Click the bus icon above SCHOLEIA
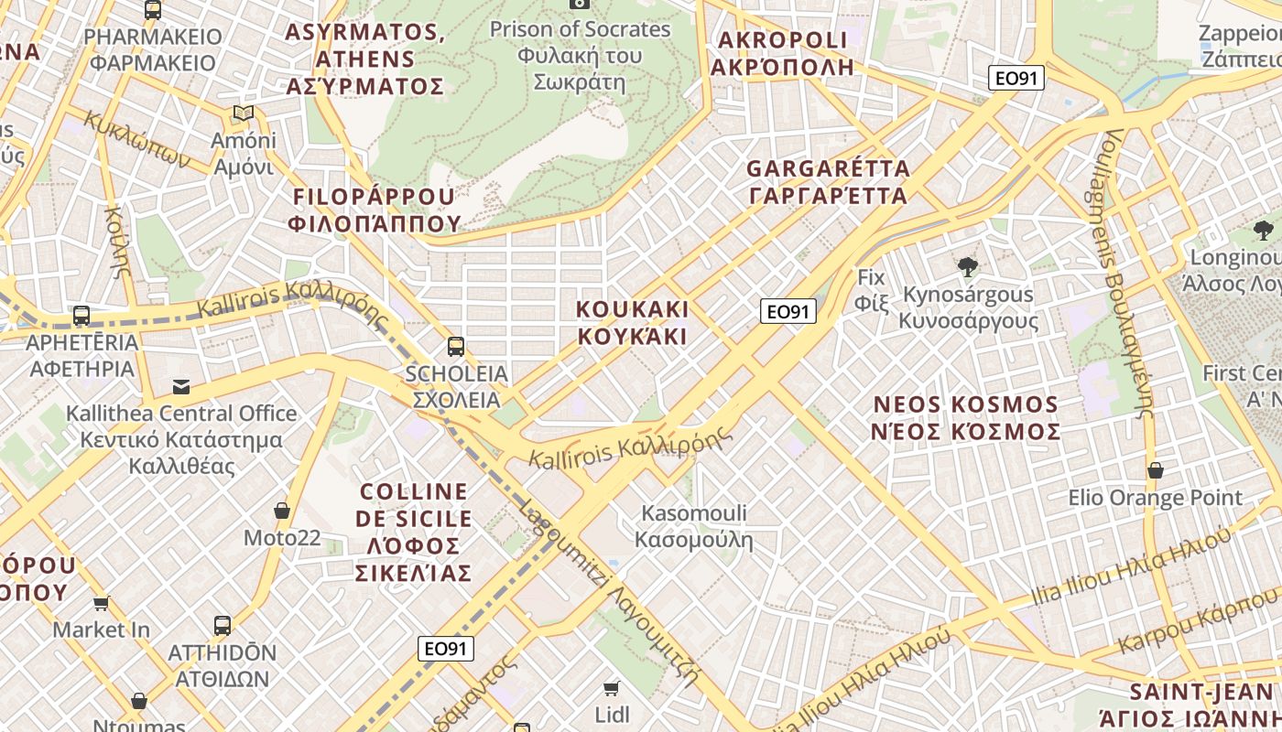[456, 346]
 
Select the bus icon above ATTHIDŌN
[223, 626]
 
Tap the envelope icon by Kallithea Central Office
[181, 386]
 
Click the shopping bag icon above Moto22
[282, 511]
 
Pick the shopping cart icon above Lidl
[612, 687]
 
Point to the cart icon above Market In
[102, 603]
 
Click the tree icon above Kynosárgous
[967, 267]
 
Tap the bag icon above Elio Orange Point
[1156, 470]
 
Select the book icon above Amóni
[243, 113]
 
